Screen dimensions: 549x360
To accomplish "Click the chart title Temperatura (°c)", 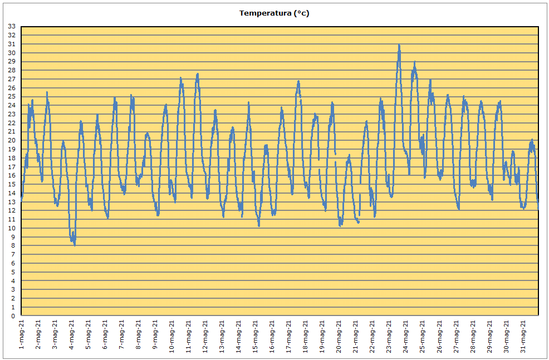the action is pyautogui.click(x=274, y=13).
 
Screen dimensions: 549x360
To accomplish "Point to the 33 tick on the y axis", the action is pyautogui.click(x=12, y=26).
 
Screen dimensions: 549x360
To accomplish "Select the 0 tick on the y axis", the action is pyautogui.click(x=13, y=316).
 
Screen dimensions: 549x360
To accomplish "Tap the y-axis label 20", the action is pyautogui.click(x=12, y=140).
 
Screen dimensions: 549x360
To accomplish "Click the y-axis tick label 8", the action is pyautogui.click(x=13, y=245).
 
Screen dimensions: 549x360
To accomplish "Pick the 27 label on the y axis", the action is pyautogui.click(x=12, y=79).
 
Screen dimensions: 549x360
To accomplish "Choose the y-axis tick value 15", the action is pyautogui.click(x=12, y=184).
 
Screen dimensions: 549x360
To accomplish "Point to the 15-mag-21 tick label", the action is pyautogui.click(x=255, y=336).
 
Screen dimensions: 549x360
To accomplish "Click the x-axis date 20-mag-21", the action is pyautogui.click(x=339, y=336).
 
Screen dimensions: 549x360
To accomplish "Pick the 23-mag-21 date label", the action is pyautogui.click(x=389, y=336).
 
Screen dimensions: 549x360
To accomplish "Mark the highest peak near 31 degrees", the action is pyautogui.click(x=399, y=45).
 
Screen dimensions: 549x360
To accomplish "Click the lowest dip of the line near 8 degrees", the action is pyautogui.click(x=75, y=245).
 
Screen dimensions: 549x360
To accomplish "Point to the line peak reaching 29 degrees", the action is pyautogui.click(x=415, y=62).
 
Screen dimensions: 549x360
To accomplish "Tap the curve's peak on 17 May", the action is pyautogui.click(x=298, y=81).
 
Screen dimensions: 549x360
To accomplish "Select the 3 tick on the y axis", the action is pyautogui.click(x=13, y=290).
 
